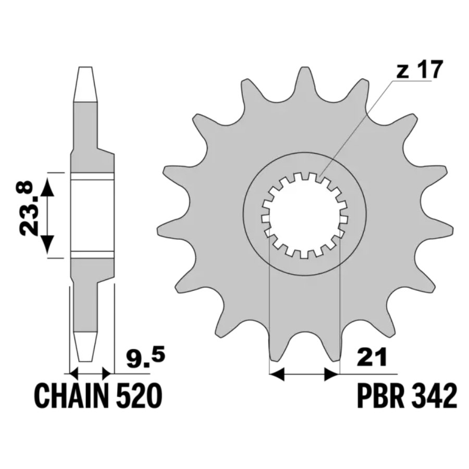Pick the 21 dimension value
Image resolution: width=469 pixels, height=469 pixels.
372,357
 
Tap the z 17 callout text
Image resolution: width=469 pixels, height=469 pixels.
419,69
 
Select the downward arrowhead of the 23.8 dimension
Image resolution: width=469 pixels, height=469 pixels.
47,245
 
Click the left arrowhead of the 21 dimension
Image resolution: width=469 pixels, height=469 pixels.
277,374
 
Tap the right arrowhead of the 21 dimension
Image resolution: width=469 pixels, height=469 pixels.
331,374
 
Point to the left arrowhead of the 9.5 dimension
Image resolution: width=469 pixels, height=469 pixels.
73,373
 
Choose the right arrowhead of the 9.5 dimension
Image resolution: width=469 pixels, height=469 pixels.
106,373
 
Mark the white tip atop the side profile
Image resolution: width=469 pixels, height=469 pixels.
85,84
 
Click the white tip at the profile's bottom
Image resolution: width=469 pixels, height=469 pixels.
85,347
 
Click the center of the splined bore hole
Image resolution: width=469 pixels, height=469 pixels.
305,215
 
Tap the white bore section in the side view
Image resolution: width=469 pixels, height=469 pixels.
92,215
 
